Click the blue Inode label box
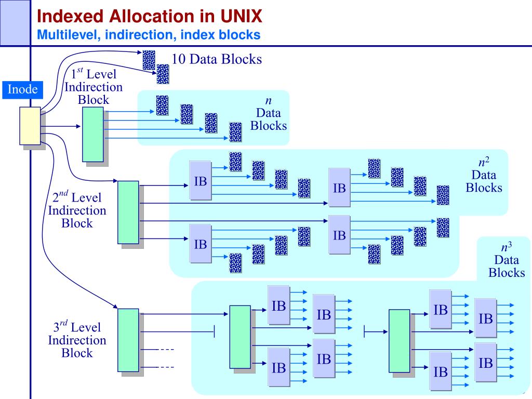pyautogui.click(x=22, y=90)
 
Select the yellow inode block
pyautogui.click(x=30, y=126)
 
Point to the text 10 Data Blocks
pyautogui.click(x=217, y=59)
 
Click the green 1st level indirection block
pyautogui.click(x=92, y=134)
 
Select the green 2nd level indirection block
pyautogui.click(x=128, y=212)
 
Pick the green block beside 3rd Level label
pyautogui.click(x=128, y=340)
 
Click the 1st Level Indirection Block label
pyautogui.click(x=94, y=87)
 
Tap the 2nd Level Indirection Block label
pyautogui.click(x=77, y=210)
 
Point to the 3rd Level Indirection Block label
pyautogui.click(x=77, y=340)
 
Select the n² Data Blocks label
pyautogui.click(x=484, y=175)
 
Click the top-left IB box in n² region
pyautogui.click(x=200, y=180)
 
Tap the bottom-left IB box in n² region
pyautogui.click(x=200, y=243)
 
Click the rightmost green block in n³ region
pyautogui.click(x=399, y=341)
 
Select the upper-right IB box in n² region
pyautogui.click(x=339, y=187)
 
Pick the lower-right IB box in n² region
pyautogui.click(x=339, y=235)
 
